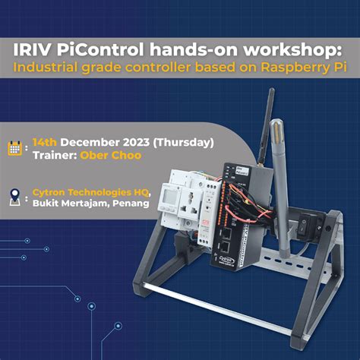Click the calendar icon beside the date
click(x=15, y=148)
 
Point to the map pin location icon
click(x=15, y=199)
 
